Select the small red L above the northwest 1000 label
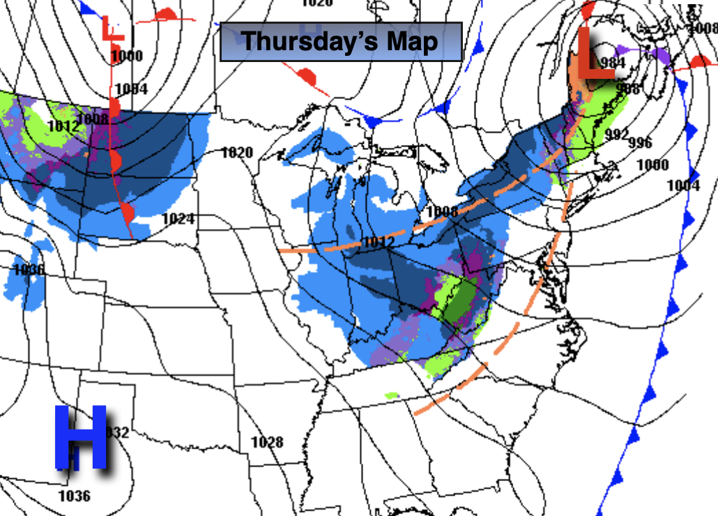[x=112, y=29]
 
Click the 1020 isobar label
[x=236, y=152]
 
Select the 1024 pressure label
[x=178, y=219]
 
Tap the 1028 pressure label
[x=267, y=442]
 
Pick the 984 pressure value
[x=611, y=63]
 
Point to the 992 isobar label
[x=616, y=135]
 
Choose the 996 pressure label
[x=640, y=142]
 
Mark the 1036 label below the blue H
[x=74, y=496]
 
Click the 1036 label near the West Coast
[x=29, y=269]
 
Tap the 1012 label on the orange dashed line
[x=379, y=242]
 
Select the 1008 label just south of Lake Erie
[x=441, y=211]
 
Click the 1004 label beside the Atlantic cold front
[x=682, y=185]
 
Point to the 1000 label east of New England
[x=652, y=165]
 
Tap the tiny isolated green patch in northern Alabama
[x=392, y=395]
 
